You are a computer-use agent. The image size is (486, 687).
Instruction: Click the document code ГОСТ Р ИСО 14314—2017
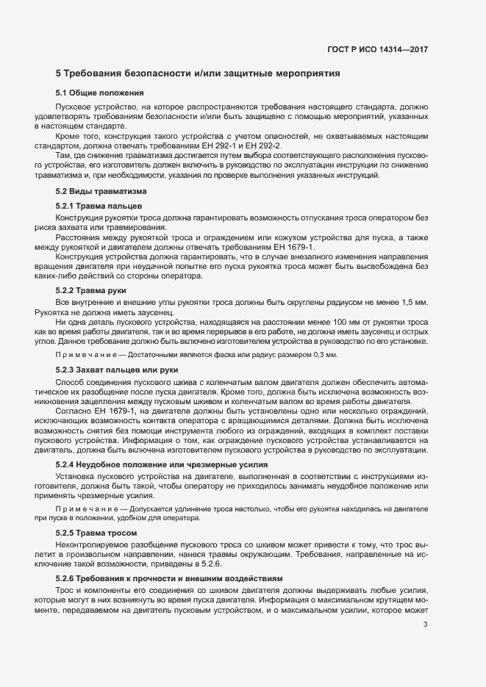point(377,50)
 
